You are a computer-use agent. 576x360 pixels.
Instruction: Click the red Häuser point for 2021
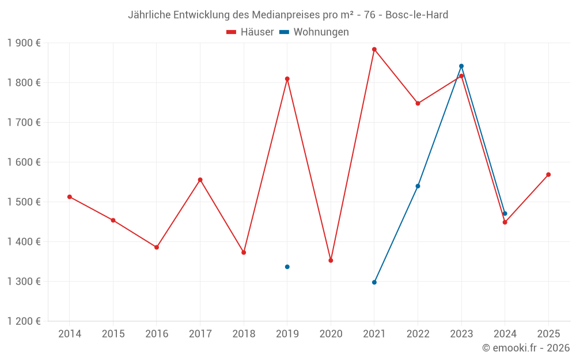pyautogui.click(x=374, y=50)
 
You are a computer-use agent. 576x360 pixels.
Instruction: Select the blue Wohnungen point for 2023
pyautogui.click(x=461, y=66)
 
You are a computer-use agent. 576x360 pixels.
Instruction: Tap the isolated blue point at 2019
pyautogui.click(x=287, y=267)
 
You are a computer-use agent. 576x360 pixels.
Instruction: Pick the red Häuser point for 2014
pyautogui.click(x=70, y=197)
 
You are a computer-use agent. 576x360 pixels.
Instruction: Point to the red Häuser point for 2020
pyautogui.click(x=331, y=260)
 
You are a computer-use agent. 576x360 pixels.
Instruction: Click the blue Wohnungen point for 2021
pyautogui.click(x=374, y=282)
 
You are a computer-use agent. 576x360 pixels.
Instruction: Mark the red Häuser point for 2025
pyautogui.click(x=548, y=175)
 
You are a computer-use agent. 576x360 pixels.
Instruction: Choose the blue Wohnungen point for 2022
pyautogui.click(x=418, y=186)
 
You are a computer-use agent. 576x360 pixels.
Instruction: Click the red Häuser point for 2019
pyautogui.click(x=287, y=79)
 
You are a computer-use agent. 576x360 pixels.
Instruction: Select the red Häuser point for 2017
pyautogui.click(x=200, y=180)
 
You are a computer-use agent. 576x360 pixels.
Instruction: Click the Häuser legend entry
pyautogui.click(x=251, y=32)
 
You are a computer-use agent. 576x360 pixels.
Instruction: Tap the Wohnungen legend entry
pyautogui.click(x=314, y=32)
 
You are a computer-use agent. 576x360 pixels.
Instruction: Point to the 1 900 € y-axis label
pyautogui.click(x=24, y=43)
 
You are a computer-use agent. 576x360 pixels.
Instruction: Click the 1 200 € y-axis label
pyautogui.click(x=24, y=321)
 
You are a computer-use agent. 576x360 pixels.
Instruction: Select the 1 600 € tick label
pyautogui.click(x=24, y=162)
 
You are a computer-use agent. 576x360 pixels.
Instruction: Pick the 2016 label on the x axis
pyautogui.click(x=157, y=334)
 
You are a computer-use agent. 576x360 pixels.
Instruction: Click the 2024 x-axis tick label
pyautogui.click(x=505, y=334)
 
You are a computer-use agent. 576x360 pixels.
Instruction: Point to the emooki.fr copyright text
pyautogui.click(x=526, y=348)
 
